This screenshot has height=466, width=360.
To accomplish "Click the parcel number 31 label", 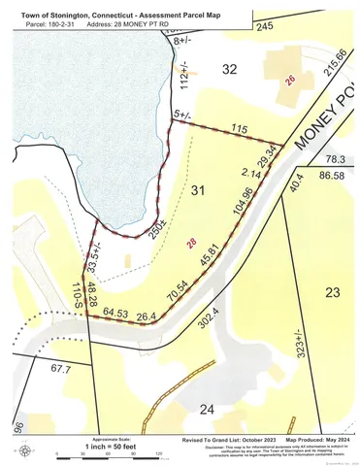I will [x=200, y=188].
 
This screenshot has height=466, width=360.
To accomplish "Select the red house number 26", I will [x=288, y=83].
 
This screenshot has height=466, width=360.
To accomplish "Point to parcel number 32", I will [x=229, y=69].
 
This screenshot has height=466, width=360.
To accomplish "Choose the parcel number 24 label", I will [x=205, y=409].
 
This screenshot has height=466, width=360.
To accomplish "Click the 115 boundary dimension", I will [x=241, y=130].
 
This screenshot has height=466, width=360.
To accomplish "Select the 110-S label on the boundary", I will [x=77, y=295].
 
